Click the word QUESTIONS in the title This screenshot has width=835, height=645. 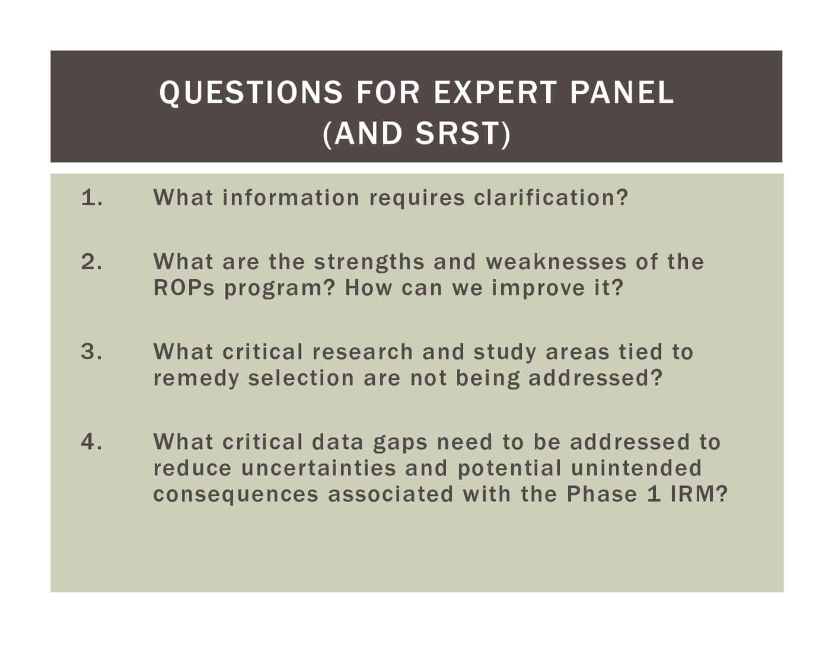pyautogui.click(x=250, y=93)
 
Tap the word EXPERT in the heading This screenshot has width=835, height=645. pyautogui.click(x=495, y=92)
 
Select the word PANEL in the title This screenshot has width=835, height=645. pyautogui.click(x=622, y=92)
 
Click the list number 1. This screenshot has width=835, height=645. pyautogui.click(x=92, y=198)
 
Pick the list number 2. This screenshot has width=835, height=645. pyautogui.click(x=91, y=261)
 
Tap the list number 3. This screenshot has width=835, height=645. pyautogui.click(x=91, y=352)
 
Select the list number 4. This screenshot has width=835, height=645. pyautogui.click(x=91, y=442)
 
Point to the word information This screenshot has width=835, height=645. pyautogui.click(x=291, y=198)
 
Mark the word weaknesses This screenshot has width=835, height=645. pyautogui.click(x=556, y=262)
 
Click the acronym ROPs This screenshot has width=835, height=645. pyautogui.click(x=184, y=288)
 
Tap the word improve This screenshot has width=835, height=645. pyautogui.click(x=538, y=289)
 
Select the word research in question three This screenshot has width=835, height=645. pyautogui.click(x=362, y=352)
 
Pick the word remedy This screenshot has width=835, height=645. pyautogui.click(x=196, y=379)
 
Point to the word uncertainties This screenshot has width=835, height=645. pyautogui.click(x=318, y=468)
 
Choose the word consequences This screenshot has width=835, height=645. pyautogui.click(x=236, y=495)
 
